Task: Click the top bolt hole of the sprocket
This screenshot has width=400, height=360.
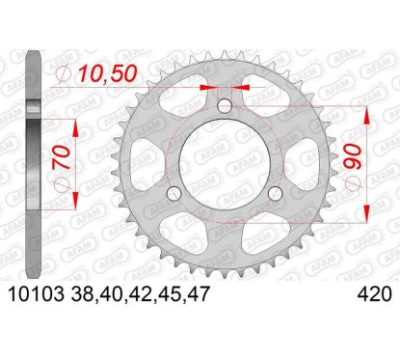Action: point(224,105)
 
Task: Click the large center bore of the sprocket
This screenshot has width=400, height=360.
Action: point(224,164)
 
